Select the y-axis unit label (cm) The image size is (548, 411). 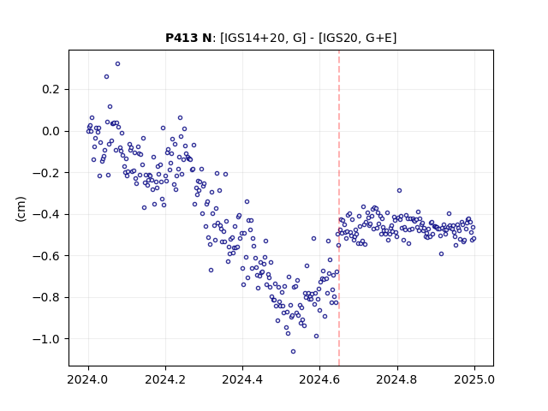click(21, 209)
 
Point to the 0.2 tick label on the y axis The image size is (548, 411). click(51, 89)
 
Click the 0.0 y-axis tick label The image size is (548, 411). click(51, 131)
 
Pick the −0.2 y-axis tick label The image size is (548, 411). click(46, 173)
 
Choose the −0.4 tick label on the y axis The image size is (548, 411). click(46, 214)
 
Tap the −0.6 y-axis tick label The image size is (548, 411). click(46, 256)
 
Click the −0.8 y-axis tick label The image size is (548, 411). click(46, 297)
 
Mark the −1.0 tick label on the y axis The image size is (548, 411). click(46, 339)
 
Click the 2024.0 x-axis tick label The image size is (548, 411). click(88, 379)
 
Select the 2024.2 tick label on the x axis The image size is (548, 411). click(165, 379)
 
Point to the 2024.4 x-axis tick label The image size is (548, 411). click(242, 379)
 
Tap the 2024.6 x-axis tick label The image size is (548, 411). click(319, 379)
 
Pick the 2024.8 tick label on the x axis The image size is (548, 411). click(397, 379)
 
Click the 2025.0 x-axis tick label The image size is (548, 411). click(474, 379)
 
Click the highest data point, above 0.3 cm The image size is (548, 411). click(118, 64)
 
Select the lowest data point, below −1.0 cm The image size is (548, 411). click(293, 352)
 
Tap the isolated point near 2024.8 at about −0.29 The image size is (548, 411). click(400, 190)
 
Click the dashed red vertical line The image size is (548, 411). click(339, 208)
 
